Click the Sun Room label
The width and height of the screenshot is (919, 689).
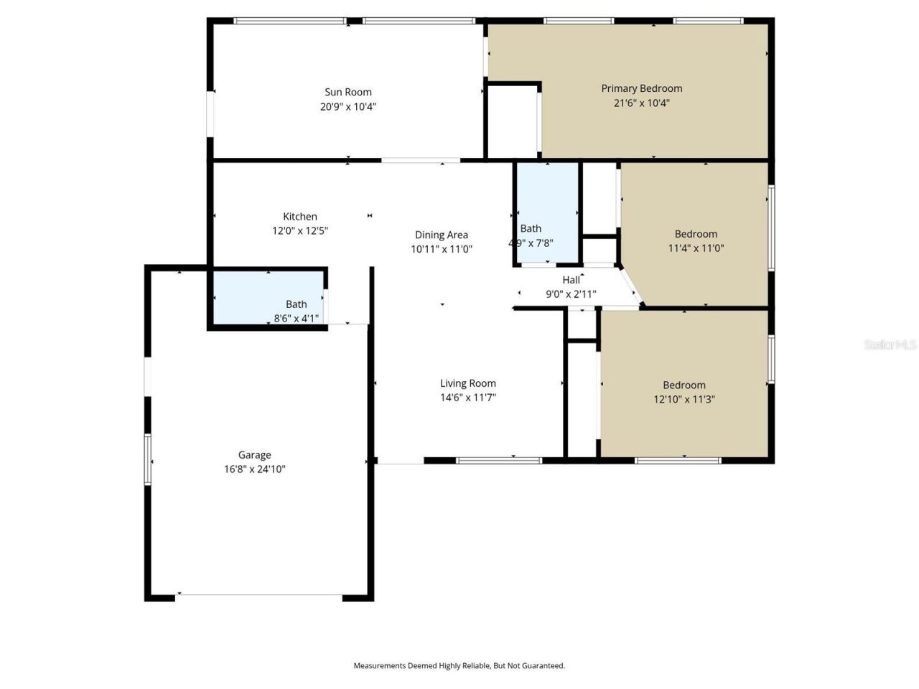348,92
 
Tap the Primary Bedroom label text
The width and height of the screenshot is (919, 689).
641,88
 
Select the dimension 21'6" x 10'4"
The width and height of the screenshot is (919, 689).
641,103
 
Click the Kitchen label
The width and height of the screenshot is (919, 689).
300,216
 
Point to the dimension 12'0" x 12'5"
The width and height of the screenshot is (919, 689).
300,230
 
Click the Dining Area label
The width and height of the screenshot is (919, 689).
442,235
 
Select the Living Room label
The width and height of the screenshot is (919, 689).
467,383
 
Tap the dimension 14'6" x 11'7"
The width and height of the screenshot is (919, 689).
467,398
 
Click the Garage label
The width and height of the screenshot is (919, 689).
255,454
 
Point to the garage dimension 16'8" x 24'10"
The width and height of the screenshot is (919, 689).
255,469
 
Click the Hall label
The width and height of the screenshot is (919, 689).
572,280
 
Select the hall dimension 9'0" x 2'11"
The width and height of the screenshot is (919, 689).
572,294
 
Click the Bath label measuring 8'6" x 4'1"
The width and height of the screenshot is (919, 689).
297,304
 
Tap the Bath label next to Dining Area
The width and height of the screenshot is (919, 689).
531,228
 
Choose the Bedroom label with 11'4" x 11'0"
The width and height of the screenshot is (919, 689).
696,234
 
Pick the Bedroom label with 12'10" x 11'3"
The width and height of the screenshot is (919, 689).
684,385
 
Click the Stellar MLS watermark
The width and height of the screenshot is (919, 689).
890,344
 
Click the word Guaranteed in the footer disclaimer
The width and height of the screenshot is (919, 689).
546,666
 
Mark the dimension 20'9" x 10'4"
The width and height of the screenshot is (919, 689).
348,106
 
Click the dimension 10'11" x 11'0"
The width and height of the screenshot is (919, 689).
442,249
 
